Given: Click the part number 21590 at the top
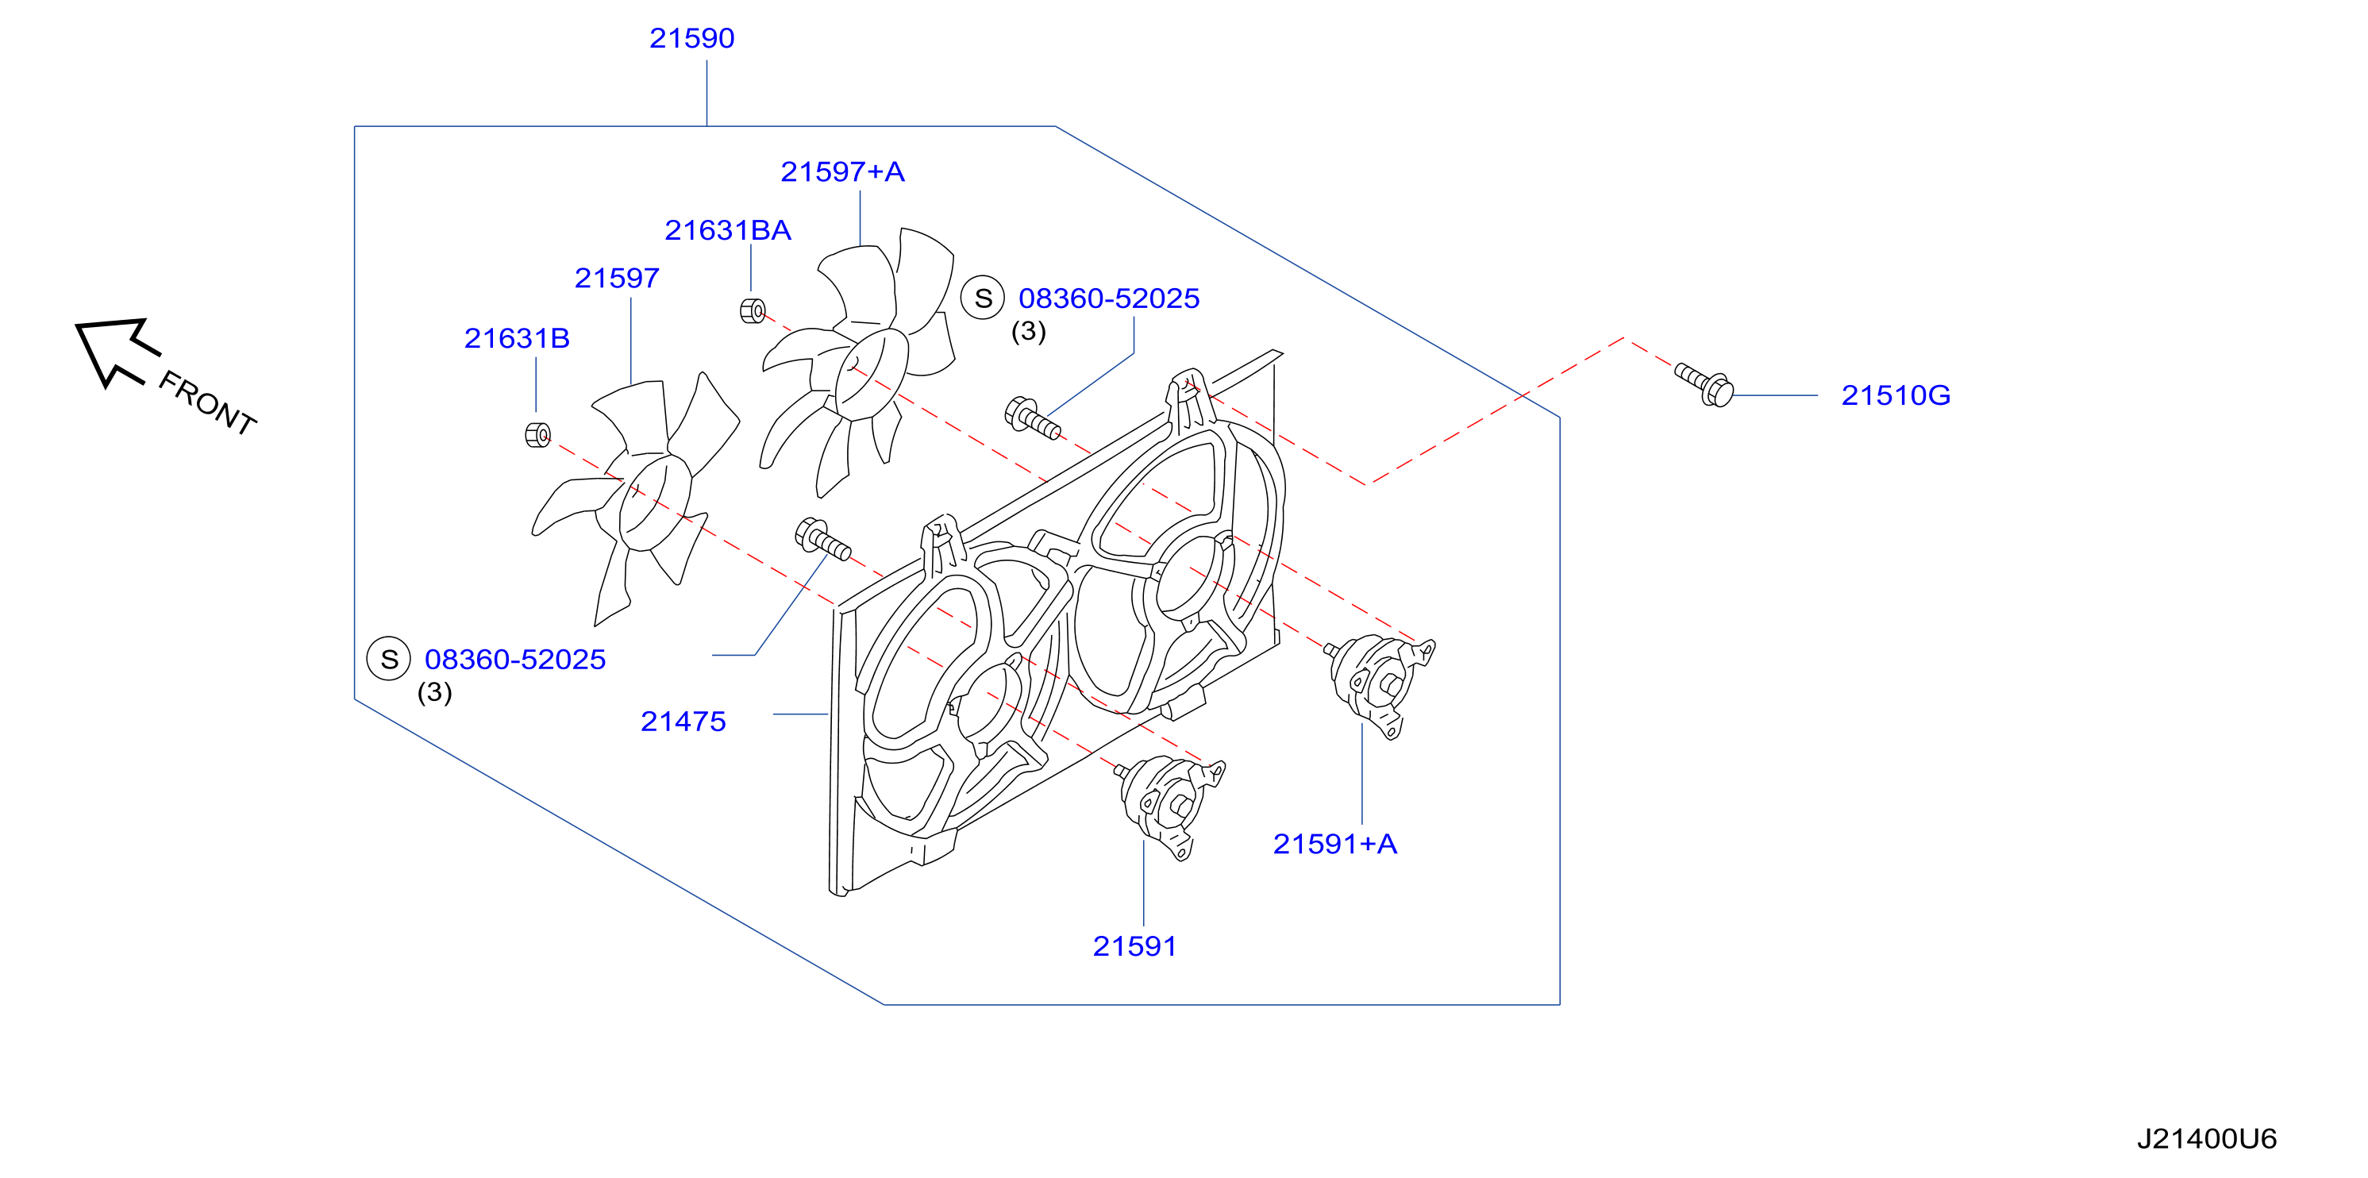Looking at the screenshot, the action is tap(691, 39).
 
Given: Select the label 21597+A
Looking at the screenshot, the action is tap(842, 171).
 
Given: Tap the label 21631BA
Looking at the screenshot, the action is tap(727, 231).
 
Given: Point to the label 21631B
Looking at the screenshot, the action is tap(517, 339).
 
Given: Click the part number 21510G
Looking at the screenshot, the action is tap(1896, 396).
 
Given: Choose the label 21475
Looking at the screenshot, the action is tap(683, 722).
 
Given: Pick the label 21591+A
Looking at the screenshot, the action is tap(1334, 845).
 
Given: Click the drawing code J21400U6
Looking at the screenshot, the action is tap(2206, 1139).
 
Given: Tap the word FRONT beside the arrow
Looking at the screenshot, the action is tap(207, 403).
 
